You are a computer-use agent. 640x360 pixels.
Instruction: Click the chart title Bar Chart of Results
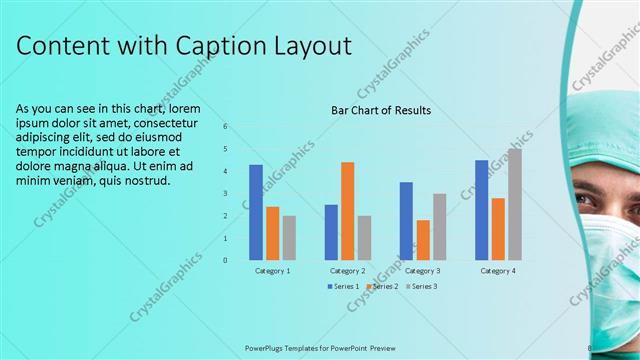(381, 110)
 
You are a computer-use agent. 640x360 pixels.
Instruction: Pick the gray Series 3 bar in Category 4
(514, 204)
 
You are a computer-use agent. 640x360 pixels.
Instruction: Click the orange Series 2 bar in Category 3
(423, 240)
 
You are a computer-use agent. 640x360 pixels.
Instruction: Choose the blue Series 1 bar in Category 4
(481, 210)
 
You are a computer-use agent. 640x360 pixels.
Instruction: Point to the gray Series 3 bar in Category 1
(289, 238)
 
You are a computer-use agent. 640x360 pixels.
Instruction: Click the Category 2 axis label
(347, 271)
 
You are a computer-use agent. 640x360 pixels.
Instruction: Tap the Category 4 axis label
(498, 271)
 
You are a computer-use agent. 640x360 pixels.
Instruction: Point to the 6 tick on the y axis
(226, 127)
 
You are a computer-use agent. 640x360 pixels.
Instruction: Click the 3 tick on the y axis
(226, 194)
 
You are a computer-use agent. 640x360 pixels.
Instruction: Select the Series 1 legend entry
(343, 286)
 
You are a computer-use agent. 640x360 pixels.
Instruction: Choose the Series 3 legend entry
(421, 286)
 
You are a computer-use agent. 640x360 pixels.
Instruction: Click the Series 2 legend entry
(382, 286)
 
